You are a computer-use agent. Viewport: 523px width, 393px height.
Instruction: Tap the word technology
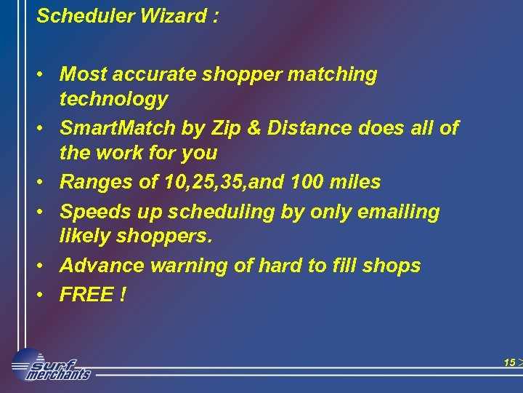(113, 99)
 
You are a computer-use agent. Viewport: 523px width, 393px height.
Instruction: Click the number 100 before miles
(310, 182)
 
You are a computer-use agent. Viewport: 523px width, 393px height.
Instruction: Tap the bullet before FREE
(44, 295)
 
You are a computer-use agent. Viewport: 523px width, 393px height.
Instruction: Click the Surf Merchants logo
(51, 365)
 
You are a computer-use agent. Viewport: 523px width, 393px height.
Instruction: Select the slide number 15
(509, 362)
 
